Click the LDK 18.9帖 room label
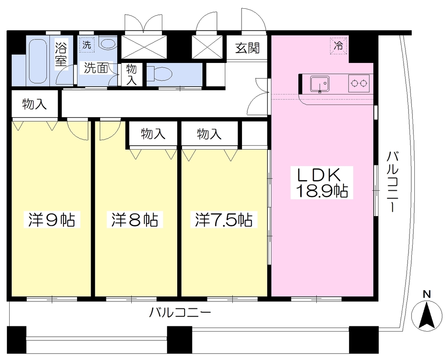point(322,182)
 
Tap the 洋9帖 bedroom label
point(52,220)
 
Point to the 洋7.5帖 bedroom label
point(224,220)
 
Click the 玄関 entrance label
point(248,48)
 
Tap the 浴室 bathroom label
point(61,54)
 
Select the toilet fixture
point(159,74)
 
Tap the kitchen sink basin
point(320,84)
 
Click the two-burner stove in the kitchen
point(359,84)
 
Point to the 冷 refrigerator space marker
point(339,45)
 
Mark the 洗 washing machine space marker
point(87,45)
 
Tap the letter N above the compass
point(427,294)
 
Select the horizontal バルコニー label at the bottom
point(180,313)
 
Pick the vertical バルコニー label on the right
point(393,182)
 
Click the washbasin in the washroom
point(108,44)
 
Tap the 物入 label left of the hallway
point(34,104)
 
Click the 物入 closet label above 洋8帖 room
point(153,133)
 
